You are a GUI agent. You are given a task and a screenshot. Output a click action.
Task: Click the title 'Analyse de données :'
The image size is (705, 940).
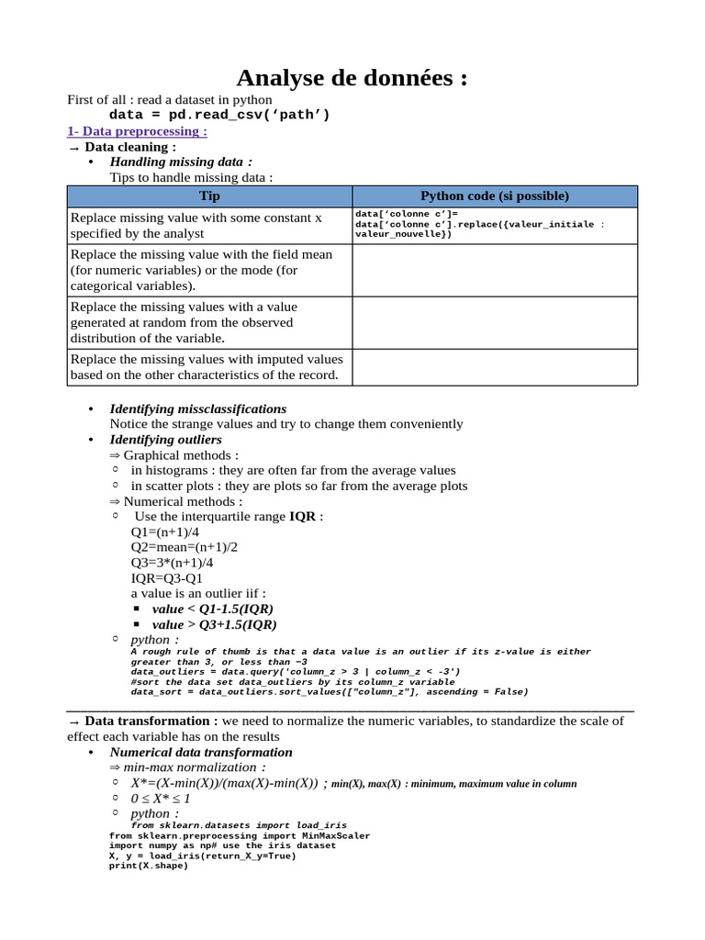[352, 78]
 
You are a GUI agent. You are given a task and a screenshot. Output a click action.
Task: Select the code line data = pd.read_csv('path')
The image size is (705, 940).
[219, 115]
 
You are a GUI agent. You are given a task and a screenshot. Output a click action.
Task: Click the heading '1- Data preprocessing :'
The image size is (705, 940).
[138, 131]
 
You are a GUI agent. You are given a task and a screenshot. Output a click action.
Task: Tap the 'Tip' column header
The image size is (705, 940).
[209, 196]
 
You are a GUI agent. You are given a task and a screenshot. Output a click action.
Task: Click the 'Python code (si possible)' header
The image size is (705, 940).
[494, 196]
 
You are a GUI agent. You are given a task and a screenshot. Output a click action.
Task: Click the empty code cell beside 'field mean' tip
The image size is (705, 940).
[494, 270]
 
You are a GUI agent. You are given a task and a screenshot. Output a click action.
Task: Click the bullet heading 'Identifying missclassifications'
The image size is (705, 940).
[197, 408]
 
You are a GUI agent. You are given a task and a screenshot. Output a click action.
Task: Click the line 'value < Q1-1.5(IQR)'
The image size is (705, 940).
[212, 609]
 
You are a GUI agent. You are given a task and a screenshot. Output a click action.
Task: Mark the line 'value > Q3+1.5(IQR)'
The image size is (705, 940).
[214, 624]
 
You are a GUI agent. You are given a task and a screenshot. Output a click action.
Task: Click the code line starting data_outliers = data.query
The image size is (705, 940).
[296, 672]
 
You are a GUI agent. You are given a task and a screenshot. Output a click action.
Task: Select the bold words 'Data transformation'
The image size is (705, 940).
[147, 722]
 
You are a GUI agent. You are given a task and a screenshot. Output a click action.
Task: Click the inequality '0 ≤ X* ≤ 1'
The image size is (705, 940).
[161, 799]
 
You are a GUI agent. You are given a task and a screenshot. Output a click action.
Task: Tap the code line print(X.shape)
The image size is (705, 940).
[148, 865]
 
